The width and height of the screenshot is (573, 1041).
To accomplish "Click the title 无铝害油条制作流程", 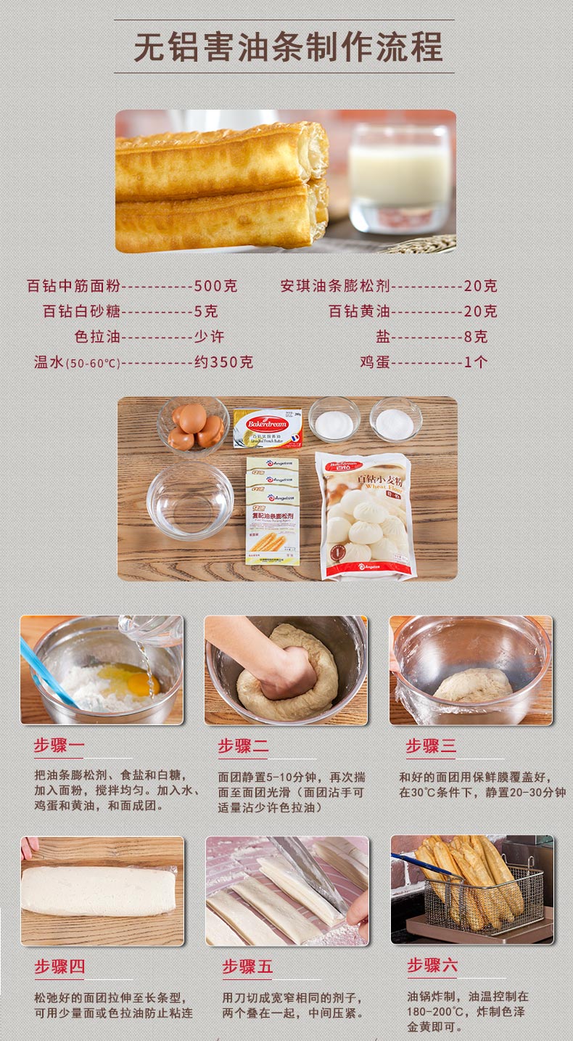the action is (288, 47).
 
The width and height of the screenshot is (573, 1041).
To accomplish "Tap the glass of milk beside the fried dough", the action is (400, 179).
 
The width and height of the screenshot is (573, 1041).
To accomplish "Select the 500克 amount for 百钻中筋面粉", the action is (215, 285).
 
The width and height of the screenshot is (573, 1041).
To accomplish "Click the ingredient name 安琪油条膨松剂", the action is (335, 285).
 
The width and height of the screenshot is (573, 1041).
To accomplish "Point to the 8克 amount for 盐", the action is (476, 336).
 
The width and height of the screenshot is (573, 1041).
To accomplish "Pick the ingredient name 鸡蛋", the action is (375, 362).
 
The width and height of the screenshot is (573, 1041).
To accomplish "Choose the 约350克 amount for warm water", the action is (223, 362).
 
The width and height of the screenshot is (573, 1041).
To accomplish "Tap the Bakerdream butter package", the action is (268, 428).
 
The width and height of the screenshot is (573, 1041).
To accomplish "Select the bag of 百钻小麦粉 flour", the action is (365, 516).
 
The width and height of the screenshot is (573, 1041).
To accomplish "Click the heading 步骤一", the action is (59, 746).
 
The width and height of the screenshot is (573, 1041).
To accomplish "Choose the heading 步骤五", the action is (247, 966).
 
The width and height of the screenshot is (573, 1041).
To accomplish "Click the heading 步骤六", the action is (432, 966).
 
